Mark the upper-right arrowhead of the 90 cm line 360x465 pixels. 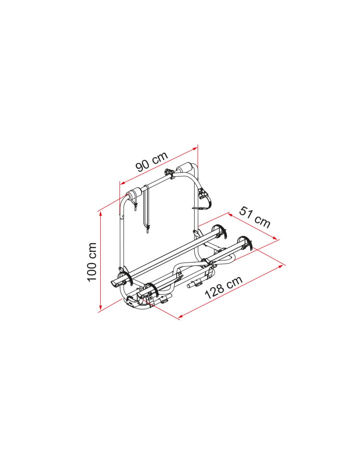(x=195, y=148)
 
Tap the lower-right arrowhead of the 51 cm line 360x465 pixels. (x=275, y=238)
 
